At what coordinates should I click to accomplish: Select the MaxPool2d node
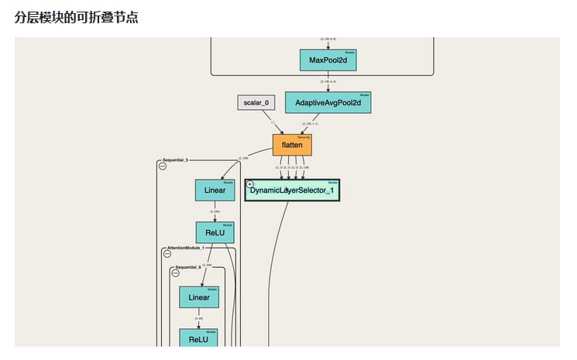click(x=328, y=60)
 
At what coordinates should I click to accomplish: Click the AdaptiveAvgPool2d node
click(x=328, y=102)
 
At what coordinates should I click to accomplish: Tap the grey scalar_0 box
click(x=256, y=102)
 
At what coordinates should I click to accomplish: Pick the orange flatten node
click(x=292, y=145)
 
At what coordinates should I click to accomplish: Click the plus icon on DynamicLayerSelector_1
click(x=250, y=184)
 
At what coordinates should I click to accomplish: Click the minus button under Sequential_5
click(x=163, y=166)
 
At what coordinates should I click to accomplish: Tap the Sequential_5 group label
click(x=175, y=159)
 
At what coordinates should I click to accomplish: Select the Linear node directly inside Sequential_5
click(x=215, y=190)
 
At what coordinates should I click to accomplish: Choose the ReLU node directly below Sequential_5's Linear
click(x=215, y=232)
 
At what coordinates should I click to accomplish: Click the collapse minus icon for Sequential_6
click(x=176, y=273)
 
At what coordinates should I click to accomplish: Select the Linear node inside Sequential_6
click(x=199, y=297)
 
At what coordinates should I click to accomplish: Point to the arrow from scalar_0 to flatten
click(x=277, y=125)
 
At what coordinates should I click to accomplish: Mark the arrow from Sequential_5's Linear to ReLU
click(x=215, y=211)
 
